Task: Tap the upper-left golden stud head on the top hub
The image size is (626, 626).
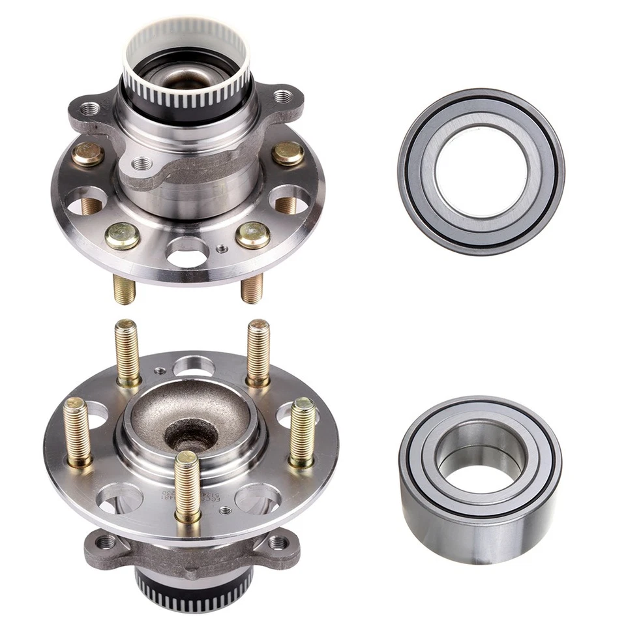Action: [88, 154]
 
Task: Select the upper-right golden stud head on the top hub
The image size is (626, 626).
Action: [288, 153]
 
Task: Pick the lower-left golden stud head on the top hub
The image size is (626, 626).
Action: [123, 236]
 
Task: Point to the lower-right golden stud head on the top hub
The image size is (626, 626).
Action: [253, 235]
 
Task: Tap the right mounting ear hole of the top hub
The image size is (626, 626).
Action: [282, 97]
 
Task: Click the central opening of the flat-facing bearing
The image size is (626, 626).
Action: [481, 171]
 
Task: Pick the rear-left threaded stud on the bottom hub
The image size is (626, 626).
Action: [128, 352]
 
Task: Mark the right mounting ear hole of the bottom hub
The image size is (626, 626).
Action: [279, 541]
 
